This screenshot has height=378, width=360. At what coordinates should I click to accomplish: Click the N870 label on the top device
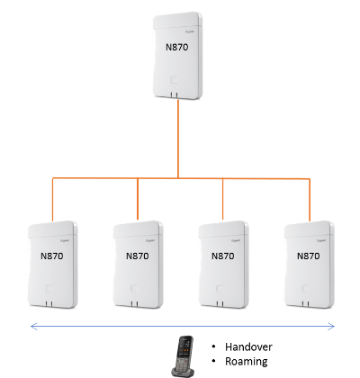click(177, 47)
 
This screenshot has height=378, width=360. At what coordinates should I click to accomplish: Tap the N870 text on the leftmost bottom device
click(52, 256)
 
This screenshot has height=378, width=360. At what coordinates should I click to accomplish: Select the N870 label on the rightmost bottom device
click(309, 256)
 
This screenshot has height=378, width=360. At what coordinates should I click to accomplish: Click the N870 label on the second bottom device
click(138, 256)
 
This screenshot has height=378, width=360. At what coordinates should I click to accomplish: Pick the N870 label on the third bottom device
click(223, 256)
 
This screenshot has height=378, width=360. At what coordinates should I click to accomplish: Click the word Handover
click(248, 347)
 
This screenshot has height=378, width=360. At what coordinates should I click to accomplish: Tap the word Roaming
click(247, 362)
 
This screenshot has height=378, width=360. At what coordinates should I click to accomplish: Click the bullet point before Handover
click(213, 346)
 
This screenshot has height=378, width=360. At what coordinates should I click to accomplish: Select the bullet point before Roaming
click(213, 361)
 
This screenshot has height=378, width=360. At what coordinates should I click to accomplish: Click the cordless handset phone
click(183, 356)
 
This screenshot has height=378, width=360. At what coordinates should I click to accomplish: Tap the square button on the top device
click(174, 80)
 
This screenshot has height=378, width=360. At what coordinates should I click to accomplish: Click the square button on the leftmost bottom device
click(49, 289)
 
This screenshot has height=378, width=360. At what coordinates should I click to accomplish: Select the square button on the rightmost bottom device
click(305, 289)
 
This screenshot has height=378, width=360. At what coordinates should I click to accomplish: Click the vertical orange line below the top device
click(178, 139)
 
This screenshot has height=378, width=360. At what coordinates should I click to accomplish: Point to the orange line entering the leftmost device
click(53, 200)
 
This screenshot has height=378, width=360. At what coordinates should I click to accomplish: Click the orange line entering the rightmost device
click(310, 200)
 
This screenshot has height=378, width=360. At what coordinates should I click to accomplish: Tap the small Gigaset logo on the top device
click(190, 31)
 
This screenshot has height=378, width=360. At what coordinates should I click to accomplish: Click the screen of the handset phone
click(185, 346)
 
